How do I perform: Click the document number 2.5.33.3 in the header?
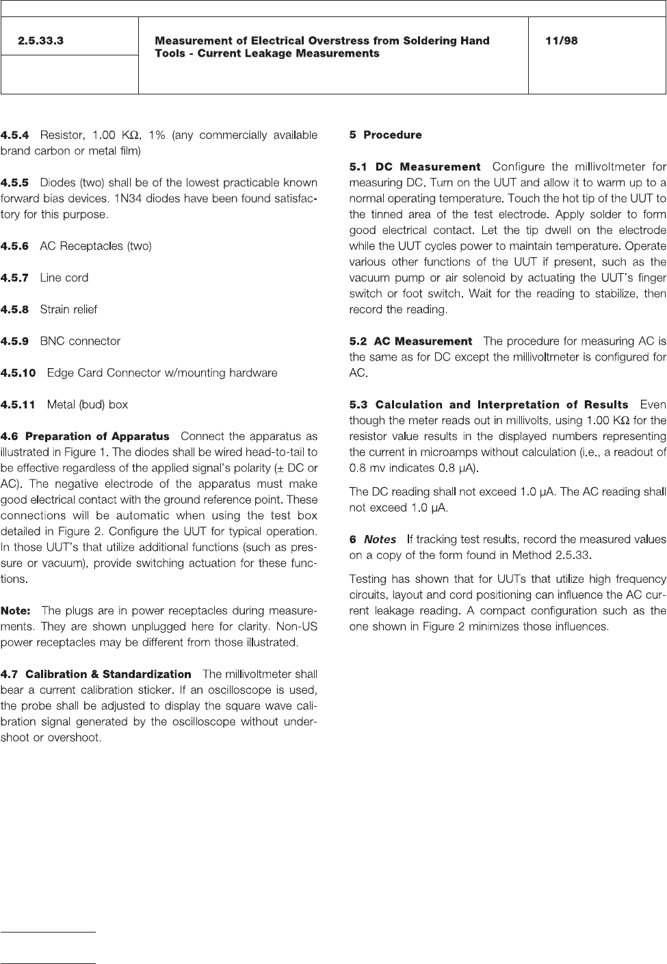(x=40, y=41)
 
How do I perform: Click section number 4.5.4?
(x=15, y=135)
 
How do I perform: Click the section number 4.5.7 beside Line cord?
(x=15, y=278)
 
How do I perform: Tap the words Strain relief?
(x=68, y=309)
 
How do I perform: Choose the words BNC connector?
(x=80, y=341)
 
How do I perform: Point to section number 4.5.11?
(x=18, y=405)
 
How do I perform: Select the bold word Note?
(x=16, y=610)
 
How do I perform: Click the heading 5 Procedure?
(x=385, y=135)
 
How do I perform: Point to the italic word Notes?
(x=380, y=540)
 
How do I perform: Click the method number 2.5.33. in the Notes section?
(x=569, y=555)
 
